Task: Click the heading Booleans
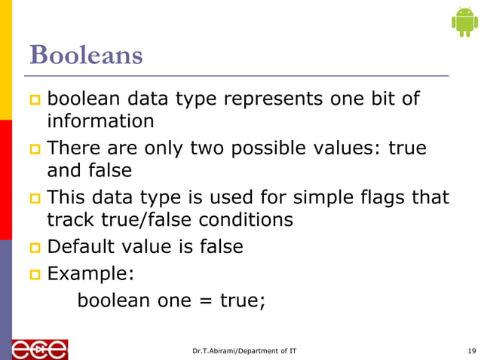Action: coord(85,54)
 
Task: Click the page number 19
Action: coord(471,351)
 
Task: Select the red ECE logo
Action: coord(39,349)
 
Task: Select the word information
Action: coord(100,121)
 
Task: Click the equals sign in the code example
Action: coord(204,300)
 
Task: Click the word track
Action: coord(70,220)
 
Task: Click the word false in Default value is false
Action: coord(217,246)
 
